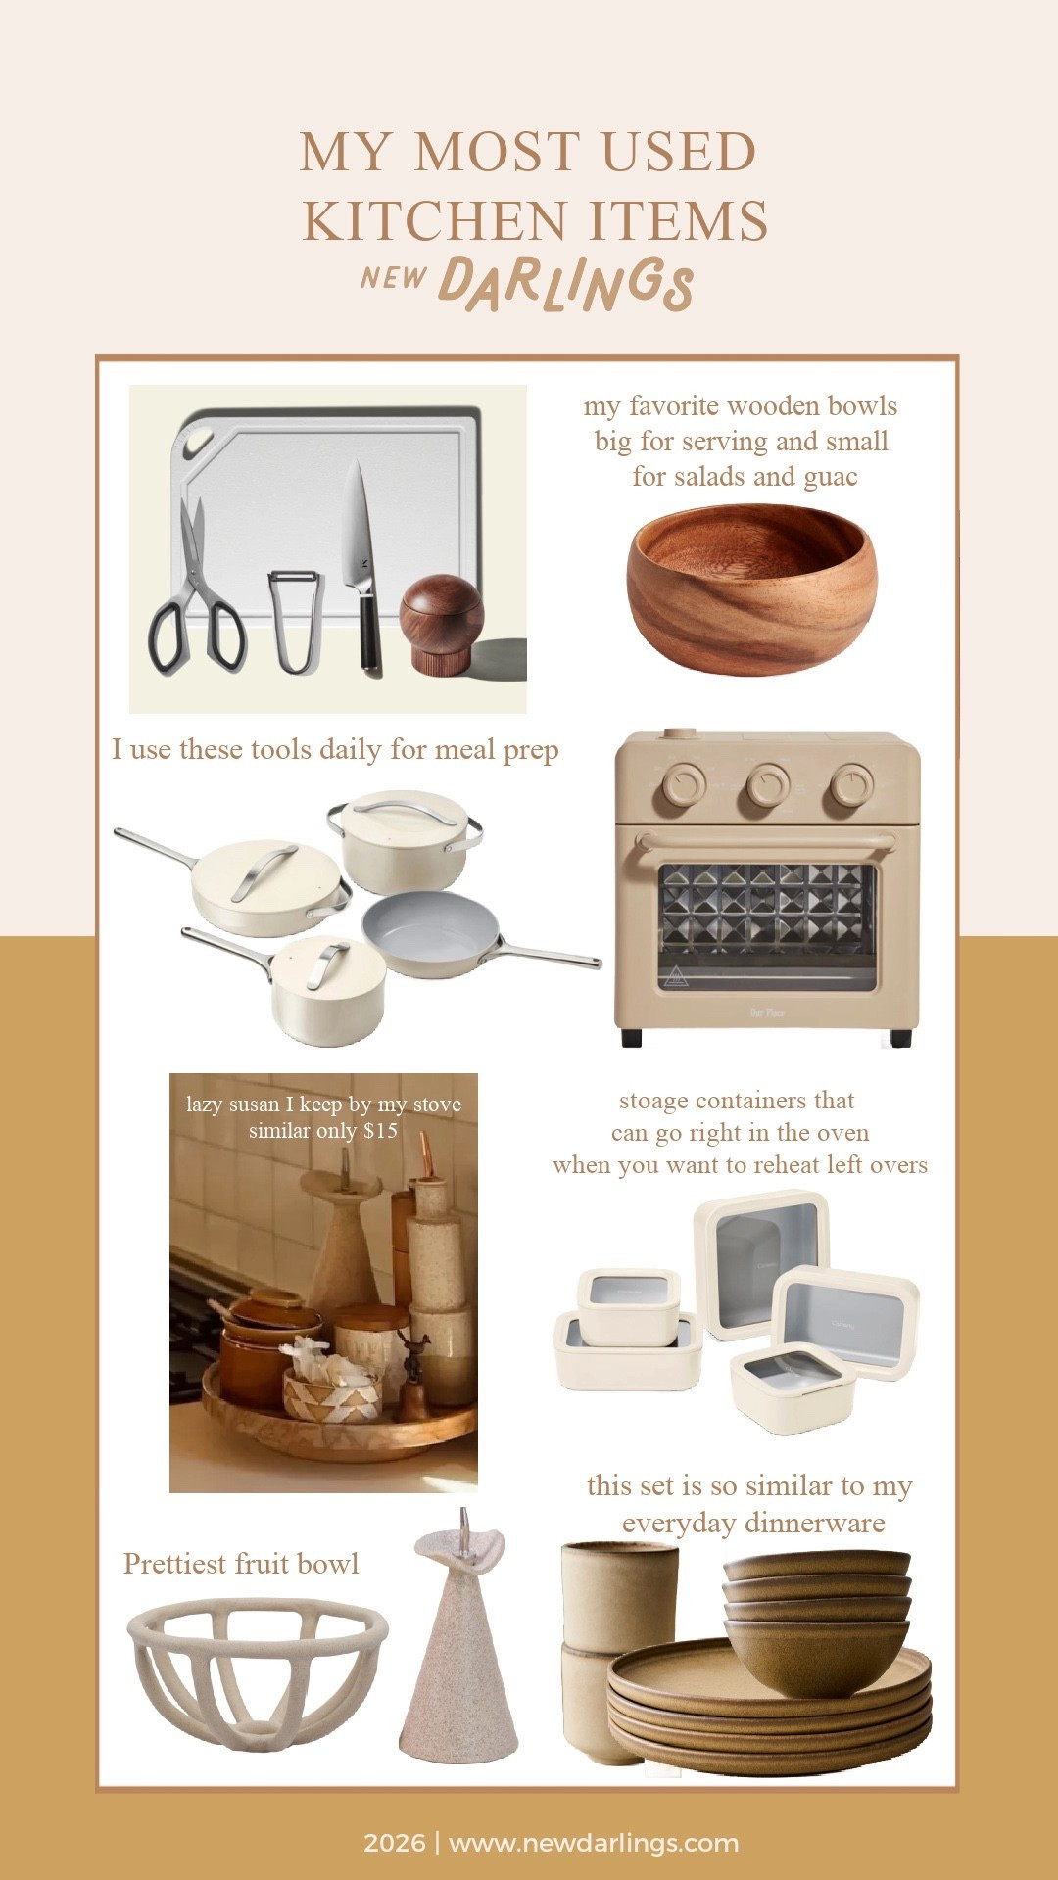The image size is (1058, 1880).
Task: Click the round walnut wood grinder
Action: [x=441, y=622]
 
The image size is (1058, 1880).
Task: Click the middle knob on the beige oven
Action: [x=768, y=784]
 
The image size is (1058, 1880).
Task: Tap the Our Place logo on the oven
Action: [x=767, y=1012]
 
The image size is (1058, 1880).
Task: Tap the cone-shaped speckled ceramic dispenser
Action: [x=457, y=1645]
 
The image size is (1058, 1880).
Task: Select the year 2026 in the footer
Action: [x=394, y=1843]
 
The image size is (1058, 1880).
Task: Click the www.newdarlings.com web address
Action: [x=594, y=1843]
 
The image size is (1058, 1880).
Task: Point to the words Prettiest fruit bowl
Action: [x=241, y=1563]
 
